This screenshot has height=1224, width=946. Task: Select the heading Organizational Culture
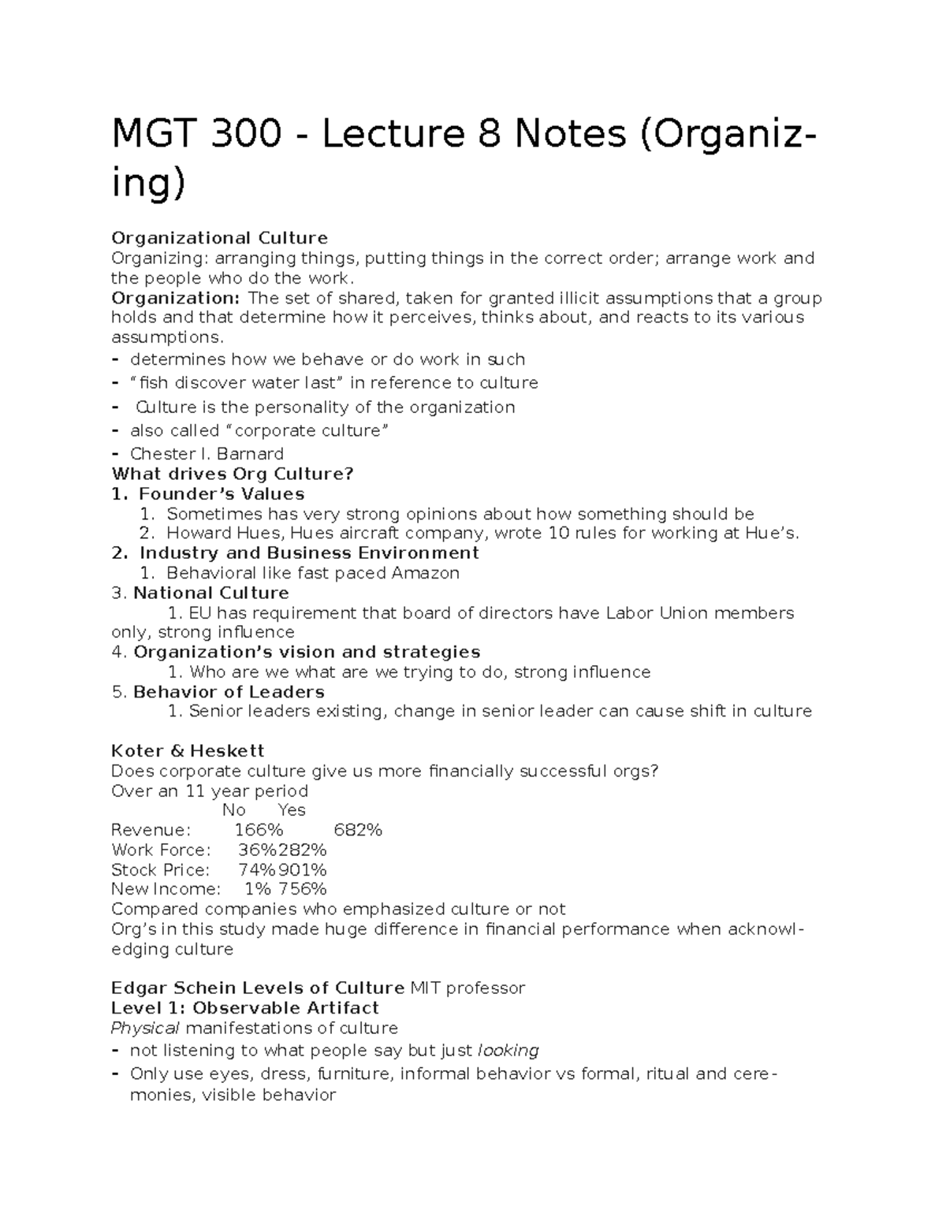pos(219,238)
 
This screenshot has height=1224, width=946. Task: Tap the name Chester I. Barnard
pos(207,454)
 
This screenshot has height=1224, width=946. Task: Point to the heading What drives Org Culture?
pos(233,474)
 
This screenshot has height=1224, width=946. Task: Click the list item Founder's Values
pos(221,494)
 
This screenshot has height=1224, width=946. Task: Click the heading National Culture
pos(211,593)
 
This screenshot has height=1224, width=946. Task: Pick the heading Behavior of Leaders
pos(229,692)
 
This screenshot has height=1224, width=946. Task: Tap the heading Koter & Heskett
pos(188,751)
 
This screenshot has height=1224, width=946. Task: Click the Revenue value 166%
pos(259,830)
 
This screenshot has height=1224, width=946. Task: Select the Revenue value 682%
pos(358,830)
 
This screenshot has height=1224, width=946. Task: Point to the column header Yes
pos(292,810)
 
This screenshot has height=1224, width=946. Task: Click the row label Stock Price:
pos(161,870)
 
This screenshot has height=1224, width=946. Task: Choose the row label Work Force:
pos(162,850)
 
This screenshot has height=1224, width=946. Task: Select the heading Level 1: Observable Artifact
pos(244,1008)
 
